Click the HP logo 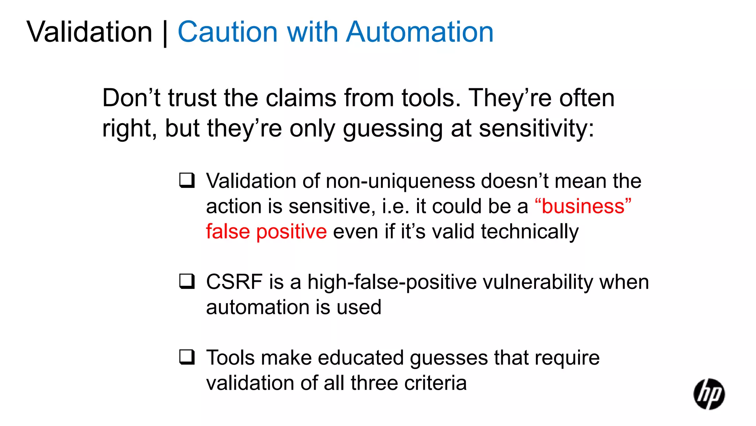pyautogui.click(x=709, y=394)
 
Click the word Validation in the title pyautogui.click(x=89, y=32)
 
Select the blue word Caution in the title pyautogui.click(x=227, y=32)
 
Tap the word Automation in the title pyautogui.click(x=420, y=32)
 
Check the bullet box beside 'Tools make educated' pyautogui.click(x=187, y=357)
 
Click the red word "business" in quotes pyautogui.click(x=583, y=206)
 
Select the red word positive pyautogui.click(x=291, y=232)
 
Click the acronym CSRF pyautogui.click(x=234, y=282)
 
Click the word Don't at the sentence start pyautogui.click(x=131, y=98)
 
